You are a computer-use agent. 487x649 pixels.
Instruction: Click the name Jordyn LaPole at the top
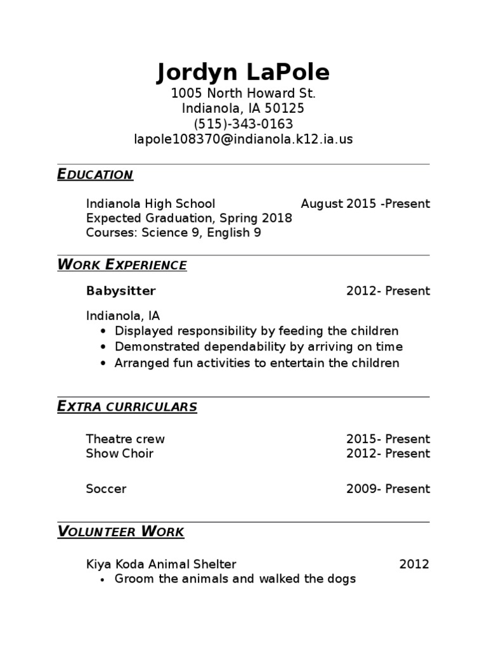243,72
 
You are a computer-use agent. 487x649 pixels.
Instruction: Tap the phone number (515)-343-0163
243,124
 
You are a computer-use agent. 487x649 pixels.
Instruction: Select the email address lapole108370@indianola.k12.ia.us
243,139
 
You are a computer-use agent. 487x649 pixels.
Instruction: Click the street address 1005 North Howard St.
243,94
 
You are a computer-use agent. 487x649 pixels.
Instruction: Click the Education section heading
95,174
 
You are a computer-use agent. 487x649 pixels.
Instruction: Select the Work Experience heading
122,265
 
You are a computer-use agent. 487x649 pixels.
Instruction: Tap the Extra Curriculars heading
127,406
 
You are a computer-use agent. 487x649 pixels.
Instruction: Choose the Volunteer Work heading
120,531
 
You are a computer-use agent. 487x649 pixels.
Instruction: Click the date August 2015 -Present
365,203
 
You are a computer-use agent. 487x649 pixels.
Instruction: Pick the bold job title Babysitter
120,291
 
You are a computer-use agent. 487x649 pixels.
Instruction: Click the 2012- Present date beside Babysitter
387,291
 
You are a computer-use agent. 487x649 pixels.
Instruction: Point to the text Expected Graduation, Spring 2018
189,218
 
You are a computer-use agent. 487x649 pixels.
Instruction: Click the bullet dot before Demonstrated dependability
104,347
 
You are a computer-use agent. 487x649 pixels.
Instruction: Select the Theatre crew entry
125,439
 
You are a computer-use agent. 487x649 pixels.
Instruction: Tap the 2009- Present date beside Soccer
387,489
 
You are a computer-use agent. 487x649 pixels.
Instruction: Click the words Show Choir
119,453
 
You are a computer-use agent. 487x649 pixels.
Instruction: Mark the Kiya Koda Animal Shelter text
161,564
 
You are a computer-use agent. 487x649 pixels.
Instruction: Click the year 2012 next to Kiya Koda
414,564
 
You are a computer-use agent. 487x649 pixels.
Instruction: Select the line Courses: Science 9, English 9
173,233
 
